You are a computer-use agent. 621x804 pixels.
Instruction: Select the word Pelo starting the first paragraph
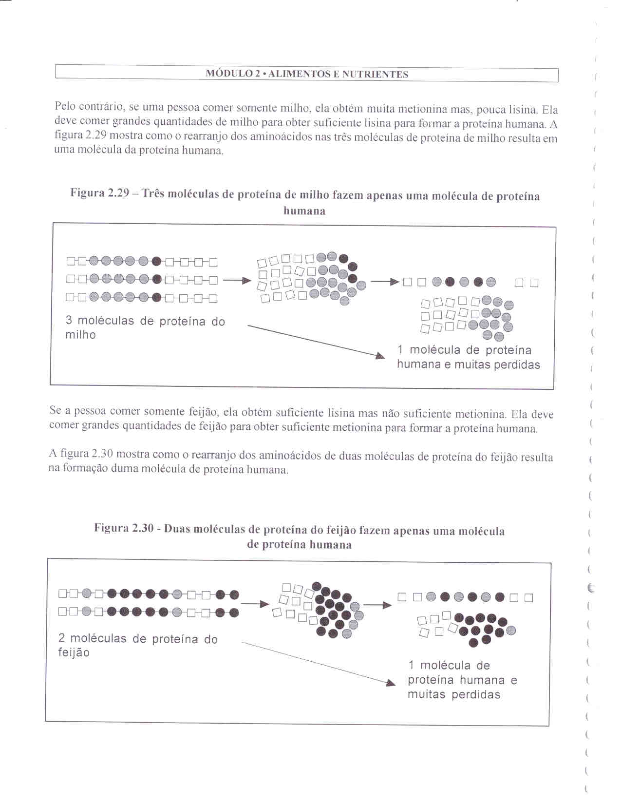point(65,106)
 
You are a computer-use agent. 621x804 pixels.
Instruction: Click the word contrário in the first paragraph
point(102,106)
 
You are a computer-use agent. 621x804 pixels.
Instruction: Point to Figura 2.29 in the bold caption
point(99,193)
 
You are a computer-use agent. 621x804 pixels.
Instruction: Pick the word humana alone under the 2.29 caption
point(304,211)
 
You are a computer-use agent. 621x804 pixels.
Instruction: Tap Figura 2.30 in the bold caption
point(124,528)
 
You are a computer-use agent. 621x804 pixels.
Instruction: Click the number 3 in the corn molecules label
point(69,321)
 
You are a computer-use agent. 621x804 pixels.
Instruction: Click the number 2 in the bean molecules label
point(62,638)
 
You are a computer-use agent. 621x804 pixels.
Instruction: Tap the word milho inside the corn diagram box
point(80,335)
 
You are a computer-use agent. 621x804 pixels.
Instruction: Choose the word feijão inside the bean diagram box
point(74,652)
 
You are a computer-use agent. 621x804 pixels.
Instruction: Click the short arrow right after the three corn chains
point(237,280)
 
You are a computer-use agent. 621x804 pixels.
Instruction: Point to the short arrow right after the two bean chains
point(254,604)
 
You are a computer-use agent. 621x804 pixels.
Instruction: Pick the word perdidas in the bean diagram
point(476,694)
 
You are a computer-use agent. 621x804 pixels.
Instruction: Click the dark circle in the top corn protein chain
point(156,261)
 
